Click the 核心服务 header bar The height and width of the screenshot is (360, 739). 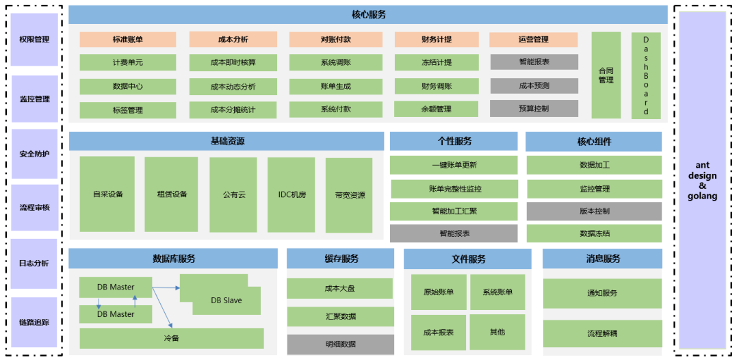tap(368, 14)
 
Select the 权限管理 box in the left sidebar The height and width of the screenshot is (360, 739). tap(34, 40)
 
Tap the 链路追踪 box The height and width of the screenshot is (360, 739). tap(34, 322)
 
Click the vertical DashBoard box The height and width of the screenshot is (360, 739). tap(645, 75)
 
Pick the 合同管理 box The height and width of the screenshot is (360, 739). tap(606, 75)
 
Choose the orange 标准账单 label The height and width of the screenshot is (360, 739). tap(128, 40)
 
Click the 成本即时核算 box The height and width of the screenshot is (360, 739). tap(233, 62)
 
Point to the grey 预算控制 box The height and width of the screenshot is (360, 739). tap(534, 108)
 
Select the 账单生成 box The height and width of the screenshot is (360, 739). tap(335, 86)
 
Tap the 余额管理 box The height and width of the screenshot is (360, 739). tap(437, 109)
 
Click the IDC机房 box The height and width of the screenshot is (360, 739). tap(291, 194)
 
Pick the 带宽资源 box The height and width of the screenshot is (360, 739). tap(350, 194)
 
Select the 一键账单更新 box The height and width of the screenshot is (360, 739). tap(454, 165)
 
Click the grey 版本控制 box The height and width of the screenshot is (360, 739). tap(594, 211)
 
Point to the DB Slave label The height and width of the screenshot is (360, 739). tap(226, 300)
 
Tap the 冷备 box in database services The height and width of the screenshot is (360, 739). tap(171, 338)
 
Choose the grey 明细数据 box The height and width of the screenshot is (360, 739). tap(340, 344)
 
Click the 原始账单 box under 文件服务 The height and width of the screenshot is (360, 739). tap(439, 292)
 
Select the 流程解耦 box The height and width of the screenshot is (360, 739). tap(602, 334)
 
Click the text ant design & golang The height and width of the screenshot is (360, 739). tap(702, 181)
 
